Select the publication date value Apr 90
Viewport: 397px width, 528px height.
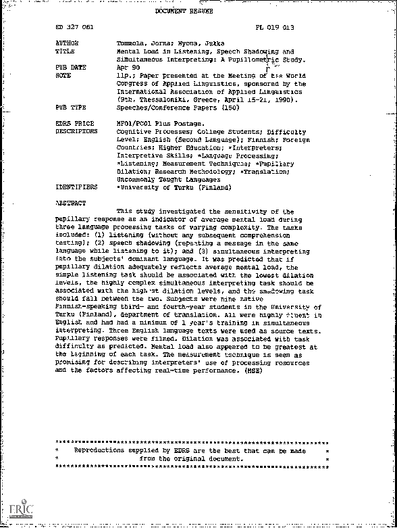click(x=128, y=68)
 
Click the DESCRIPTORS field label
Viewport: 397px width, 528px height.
click(x=76, y=132)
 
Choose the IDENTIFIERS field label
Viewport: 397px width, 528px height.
click(x=76, y=187)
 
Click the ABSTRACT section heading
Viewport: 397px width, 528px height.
click(x=70, y=202)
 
